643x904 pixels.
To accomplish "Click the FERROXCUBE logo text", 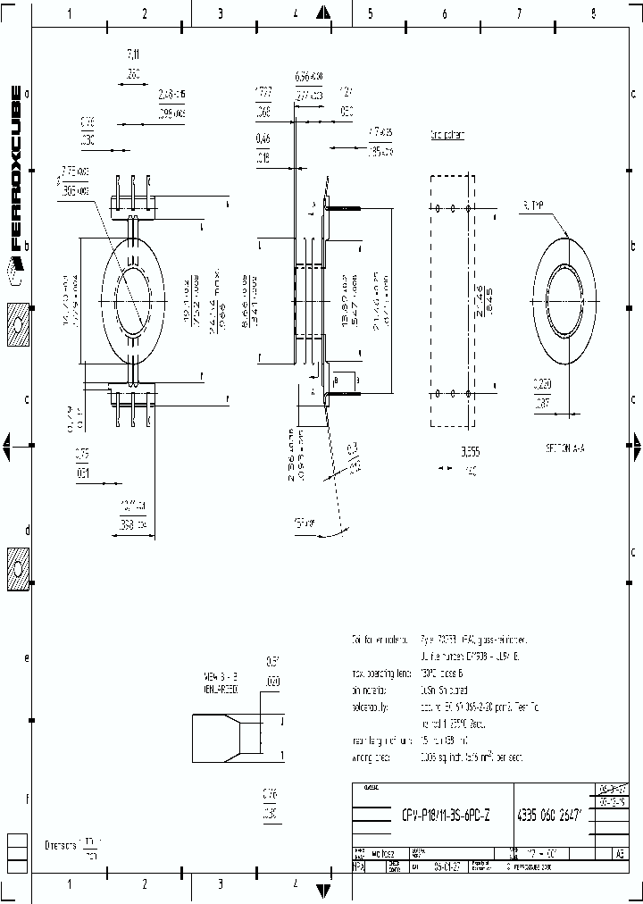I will pyautogui.click(x=15, y=170).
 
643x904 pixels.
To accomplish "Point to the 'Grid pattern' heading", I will pyautogui.click(x=447, y=135).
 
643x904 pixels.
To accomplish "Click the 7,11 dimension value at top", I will pyautogui.click(x=134, y=55).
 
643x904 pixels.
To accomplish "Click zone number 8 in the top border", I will pyautogui.click(x=592, y=13).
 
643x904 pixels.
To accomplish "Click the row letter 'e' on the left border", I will pyautogui.click(x=27, y=658).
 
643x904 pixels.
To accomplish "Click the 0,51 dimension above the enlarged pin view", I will pyautogui.click(x=272, y=662).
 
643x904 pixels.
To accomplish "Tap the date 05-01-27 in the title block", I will pyautogui.click(x=447, y=866).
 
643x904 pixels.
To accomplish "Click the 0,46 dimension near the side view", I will pyautogui.click(x=263, y=138).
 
